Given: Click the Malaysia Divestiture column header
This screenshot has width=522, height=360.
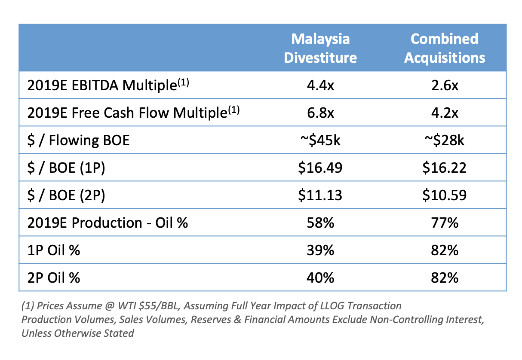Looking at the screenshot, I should point(320,48).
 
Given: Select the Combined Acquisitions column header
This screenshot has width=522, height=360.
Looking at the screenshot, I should point(445,48).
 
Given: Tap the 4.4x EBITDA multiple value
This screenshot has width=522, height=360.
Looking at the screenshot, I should point(320,85).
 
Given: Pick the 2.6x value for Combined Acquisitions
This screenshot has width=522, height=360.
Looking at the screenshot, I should point(445,85).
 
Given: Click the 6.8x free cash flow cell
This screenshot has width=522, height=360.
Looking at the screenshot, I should point(320,113).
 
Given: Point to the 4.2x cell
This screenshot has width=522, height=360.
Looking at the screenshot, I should point(445,113).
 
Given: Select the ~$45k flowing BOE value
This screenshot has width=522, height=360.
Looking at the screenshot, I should point(320,140).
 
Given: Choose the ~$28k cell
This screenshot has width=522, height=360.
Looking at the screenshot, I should point(445,140).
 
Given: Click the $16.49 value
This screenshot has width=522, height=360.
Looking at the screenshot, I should point(320,168).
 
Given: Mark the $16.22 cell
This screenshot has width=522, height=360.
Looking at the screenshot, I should point(445,168).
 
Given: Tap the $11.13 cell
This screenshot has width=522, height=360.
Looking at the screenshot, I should point(320,195).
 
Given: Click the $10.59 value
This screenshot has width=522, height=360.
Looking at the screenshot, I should point(445,195).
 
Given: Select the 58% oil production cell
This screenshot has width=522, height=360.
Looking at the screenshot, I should point(320,223).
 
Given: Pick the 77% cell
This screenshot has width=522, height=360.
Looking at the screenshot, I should point(445,223).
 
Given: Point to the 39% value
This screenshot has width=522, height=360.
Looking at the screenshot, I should point(320,250).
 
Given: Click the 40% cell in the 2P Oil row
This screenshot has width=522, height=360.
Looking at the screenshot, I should point(320,278).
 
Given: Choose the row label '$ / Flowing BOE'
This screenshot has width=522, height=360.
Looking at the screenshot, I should point(78,140).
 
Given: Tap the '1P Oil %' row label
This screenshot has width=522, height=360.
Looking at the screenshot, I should point(53,250).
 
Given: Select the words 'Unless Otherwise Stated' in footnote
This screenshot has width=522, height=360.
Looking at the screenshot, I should point(77,333).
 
